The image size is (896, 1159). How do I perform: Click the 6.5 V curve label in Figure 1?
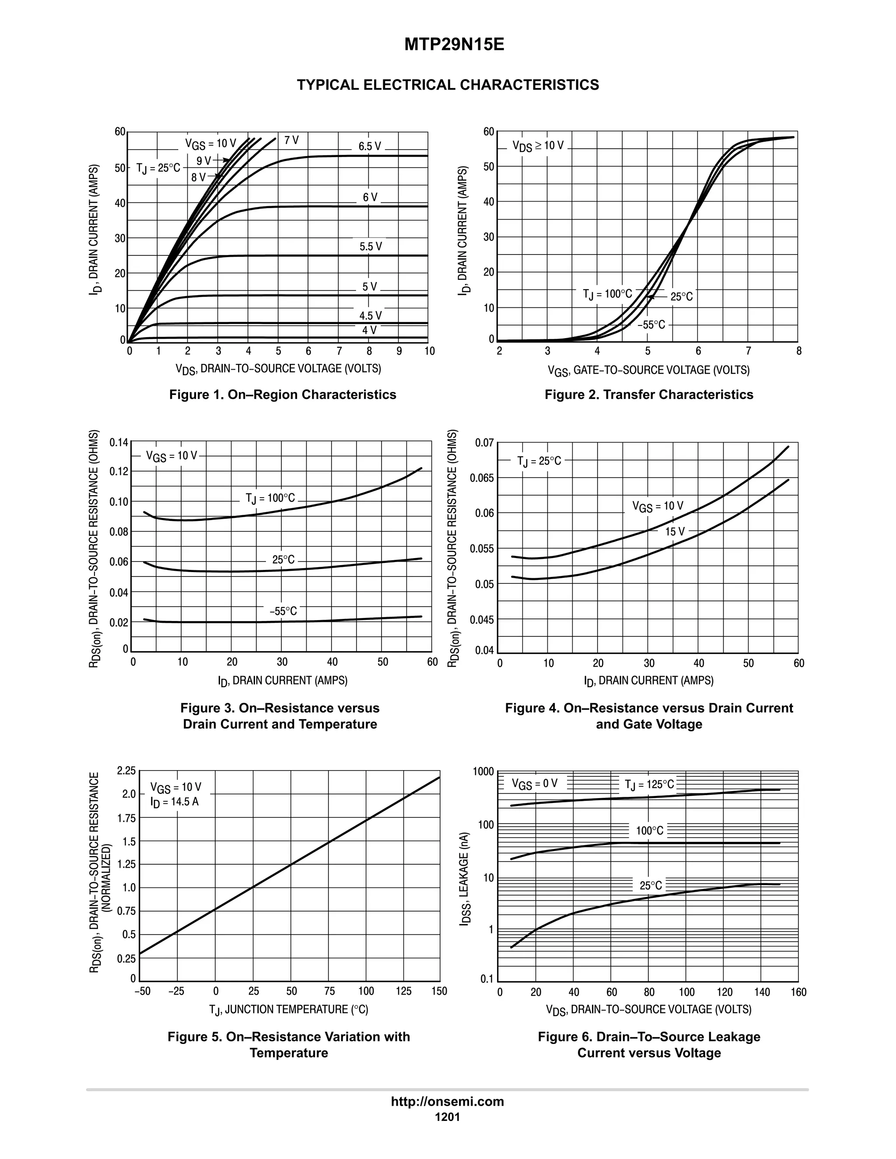(x=369, y=147)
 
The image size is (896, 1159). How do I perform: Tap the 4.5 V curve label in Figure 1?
(x=370, y=316)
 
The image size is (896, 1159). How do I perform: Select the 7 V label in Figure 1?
(x=291, y=140)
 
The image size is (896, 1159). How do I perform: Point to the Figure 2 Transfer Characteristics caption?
(x=649, y=394)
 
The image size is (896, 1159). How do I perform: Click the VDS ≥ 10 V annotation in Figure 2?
(x=538, y=146)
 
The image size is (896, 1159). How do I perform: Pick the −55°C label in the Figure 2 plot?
(x=651, y=325)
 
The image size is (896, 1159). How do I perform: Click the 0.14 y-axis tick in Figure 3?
(x=119, y=443)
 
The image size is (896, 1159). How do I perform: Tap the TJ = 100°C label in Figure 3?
(x=269, y=498)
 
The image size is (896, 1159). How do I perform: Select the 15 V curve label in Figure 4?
(x=675, y=531)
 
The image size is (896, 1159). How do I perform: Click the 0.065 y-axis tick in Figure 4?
(x=481, y=478)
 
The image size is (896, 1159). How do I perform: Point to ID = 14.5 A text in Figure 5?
(x=174, y=801)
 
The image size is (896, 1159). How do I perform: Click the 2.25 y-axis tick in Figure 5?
(x=126, y=771)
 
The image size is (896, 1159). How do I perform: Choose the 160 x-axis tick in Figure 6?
(x=798, y=992)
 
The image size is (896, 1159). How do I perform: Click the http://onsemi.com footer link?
(x=447, y=1102)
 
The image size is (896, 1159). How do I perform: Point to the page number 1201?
(x=447, y=1117)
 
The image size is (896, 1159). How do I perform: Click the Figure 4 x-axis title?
(x=649, y=681)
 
